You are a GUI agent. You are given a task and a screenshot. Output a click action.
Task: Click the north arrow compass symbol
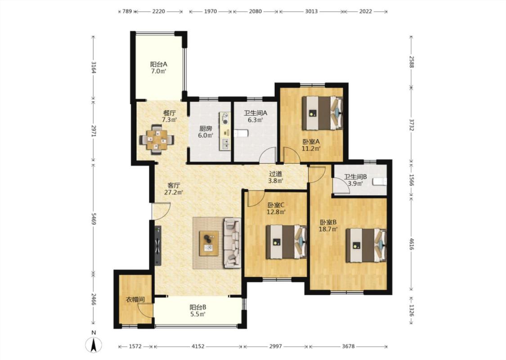pyautogui.click(x=94, y=345)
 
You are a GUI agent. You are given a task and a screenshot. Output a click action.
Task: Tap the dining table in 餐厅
pyautogui.click(x=157, y=140)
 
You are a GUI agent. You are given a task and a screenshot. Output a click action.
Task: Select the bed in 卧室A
pyautogui.click(x=322, y=113)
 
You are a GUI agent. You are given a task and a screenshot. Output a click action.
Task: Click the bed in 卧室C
pyautogui.click(x=286, y=242)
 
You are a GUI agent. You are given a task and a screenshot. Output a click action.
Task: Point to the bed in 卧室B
pyautogui.click(x=366, y=245)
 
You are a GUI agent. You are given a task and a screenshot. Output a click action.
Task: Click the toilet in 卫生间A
pyautogui.click(x=241, y=133)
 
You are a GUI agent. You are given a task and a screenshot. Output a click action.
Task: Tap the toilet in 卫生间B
pyautogui.click(x=380, y=181)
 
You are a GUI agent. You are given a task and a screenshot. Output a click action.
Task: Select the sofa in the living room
pyautogui.click(x=233, y=243)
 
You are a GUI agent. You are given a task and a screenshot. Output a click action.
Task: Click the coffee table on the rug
pyautogui.click(x=209, y=243)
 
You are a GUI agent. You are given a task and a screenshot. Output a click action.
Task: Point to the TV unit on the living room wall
pyautogui.click(x=157, y=245)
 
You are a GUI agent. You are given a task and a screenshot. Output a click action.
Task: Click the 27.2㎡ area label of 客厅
pyautogui.click(x=174, y=193)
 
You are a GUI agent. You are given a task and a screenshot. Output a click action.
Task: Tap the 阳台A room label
pyautogui.click(x=159, y=64)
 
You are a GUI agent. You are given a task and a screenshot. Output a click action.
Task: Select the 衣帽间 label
pyautogui.click(x=135, y=300)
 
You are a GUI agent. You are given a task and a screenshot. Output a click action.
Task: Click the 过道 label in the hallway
pyautogui.click(x=276, y=174)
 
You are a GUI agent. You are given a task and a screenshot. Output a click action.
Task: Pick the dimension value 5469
pyautogui.click(x=94, y=219)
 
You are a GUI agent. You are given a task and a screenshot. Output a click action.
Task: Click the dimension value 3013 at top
pyautogui.click(x=311, y=11)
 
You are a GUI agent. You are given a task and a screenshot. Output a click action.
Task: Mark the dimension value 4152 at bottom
pyautogui.click(x=198, y=346)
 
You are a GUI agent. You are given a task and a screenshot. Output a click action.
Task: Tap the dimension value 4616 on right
pyautogui.click(x=412, y=244)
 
